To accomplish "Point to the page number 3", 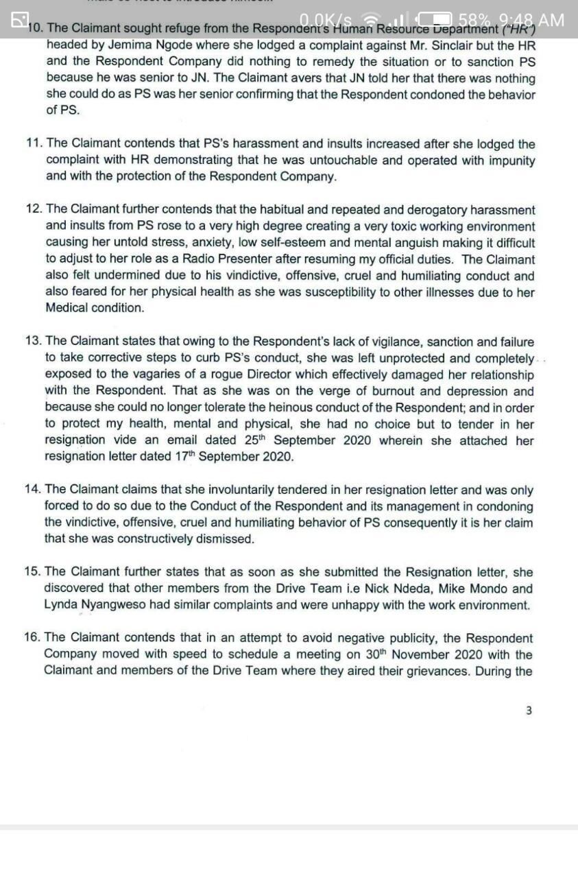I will tap(528, 711).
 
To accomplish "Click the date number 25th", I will tap(255, 440).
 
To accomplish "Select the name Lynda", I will tap(60, 605).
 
